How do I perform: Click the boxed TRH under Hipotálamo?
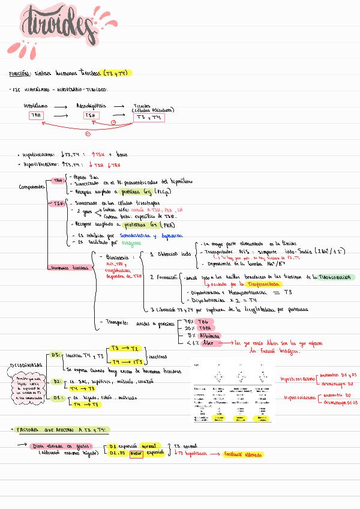click(x=37, y=115)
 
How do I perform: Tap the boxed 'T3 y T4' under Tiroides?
click(x=148, y=118)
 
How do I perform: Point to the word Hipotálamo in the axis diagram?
click(x=36, y=105)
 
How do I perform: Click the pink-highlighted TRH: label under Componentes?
click(x=58, y=180)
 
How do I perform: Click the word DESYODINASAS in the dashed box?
click(x=24, y=364)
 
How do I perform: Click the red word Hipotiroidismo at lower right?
click(x=298, y=397)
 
